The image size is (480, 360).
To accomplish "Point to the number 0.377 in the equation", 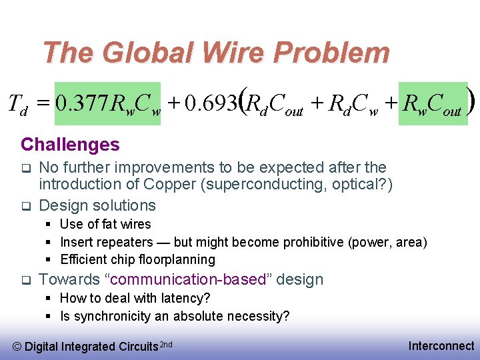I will pyautogui.click(x=82, y=104).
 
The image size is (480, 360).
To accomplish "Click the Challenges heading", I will pyautogui.click(x=70, y=145).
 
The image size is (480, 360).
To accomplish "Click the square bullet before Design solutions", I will pyautogui.click(x=25, y=205).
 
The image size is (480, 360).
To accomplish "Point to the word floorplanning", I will pyautogui.click(x=178, y=259).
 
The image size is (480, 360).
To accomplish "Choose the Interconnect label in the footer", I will pyautogui.click(x=441, y=345).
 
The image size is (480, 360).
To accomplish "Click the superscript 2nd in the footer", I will pyautogui.click(x=167, y=343).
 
